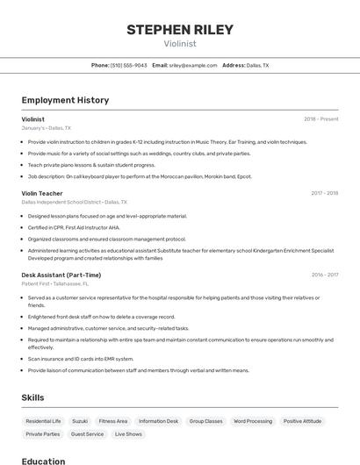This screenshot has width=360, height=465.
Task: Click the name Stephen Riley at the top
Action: (x=180, y=30)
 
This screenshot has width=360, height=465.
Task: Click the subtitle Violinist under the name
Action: (x=180, y=44)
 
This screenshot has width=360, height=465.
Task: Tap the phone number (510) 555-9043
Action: (x=128, y=65)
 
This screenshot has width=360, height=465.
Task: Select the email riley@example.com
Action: (x=192, y=65)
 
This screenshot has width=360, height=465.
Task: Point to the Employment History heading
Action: (x=65, y=100)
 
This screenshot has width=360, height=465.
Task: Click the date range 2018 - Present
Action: (x=320, y=118)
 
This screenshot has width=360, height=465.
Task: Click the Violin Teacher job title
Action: (x=42, y=193)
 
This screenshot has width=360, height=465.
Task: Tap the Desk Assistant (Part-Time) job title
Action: (x=61, y=275)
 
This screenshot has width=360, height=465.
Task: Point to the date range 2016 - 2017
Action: (x=324, y=275)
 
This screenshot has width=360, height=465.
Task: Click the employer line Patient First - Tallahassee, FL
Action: (x=54, y=283)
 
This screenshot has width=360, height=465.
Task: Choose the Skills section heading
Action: (x=32, y=397)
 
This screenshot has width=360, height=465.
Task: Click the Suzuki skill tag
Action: (x=80, y=421)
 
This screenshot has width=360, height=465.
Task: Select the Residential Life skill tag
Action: (x=43, y=421)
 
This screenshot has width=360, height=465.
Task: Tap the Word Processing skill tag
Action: (x=253, y=421)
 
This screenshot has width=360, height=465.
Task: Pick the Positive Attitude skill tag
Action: (x=302, y=421)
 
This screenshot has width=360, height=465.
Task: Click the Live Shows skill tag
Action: (x=128, y=433)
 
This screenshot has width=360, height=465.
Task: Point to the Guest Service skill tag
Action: (x=87, y=433)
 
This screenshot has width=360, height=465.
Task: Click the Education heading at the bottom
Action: (x=43, y=461)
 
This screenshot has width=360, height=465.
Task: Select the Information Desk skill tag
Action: (x=158, y=421)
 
